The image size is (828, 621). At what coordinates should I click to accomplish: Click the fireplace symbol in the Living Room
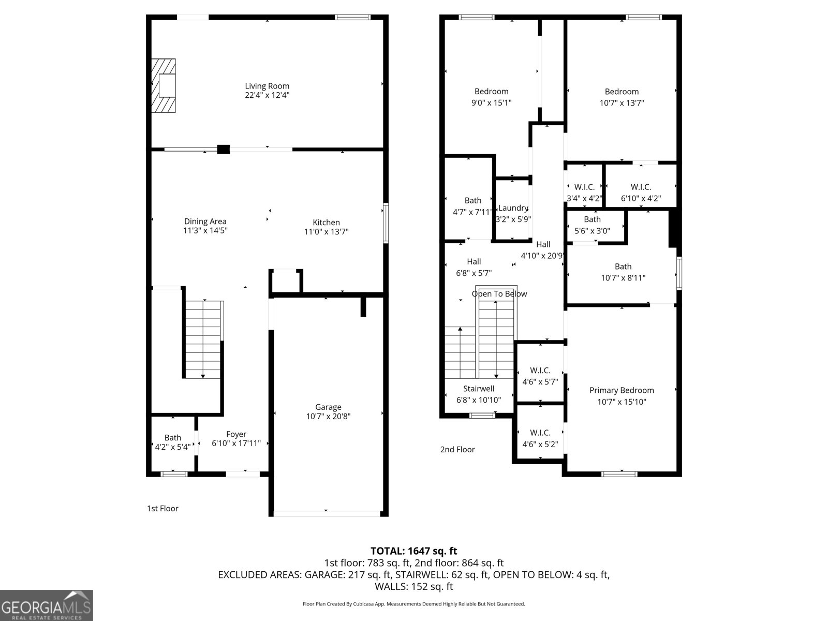point(164,85)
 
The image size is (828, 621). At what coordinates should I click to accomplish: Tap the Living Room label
point(267,86)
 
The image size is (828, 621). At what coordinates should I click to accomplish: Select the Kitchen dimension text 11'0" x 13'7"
point(326,232)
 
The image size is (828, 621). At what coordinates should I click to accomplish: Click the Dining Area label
point(205,221)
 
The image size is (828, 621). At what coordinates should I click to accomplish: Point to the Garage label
point(328,407)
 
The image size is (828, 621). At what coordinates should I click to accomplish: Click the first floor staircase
point(204,339)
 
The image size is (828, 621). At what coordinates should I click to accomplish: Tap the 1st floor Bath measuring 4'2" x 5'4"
point(172,442)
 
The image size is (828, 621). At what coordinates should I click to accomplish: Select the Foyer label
point(236,434)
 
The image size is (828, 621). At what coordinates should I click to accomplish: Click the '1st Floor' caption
point(162,508)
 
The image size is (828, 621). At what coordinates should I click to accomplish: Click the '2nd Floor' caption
point(457,449)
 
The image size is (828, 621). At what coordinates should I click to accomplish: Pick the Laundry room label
point(513,208)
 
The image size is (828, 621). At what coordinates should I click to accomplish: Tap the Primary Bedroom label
point(622,390)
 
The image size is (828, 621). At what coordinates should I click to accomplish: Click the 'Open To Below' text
point(499,294)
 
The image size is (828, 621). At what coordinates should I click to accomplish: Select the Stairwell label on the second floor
point(478,389)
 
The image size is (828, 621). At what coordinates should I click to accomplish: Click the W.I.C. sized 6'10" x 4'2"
point(641,193)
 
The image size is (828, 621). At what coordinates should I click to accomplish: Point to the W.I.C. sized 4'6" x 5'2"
point(540,438)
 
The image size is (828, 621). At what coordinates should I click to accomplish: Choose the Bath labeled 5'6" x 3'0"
point(592,225)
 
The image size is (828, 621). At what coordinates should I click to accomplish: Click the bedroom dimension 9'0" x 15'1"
point(491,102)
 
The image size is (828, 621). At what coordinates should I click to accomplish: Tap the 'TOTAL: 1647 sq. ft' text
point(413,551)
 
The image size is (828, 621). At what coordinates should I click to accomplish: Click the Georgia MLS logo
point(46,605)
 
